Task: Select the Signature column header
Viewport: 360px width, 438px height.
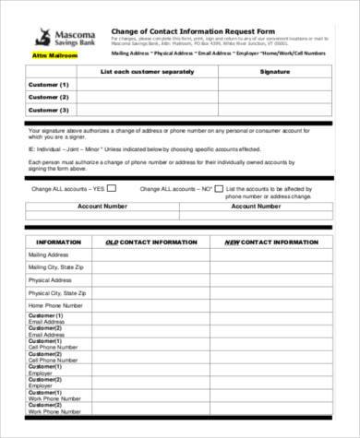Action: click(x=275, y=71)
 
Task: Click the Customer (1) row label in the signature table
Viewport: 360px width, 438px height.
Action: click(x=50, y=84)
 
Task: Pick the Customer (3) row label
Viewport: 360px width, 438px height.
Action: click(x=50, y=110)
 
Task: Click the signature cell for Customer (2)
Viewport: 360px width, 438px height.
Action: click(x=275, y=97)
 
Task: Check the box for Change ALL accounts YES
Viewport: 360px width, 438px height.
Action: click(x=112, y=188)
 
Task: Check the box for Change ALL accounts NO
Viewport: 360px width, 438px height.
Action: click(x=220, y=188)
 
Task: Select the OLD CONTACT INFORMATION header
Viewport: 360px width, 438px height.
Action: click(x=151, y=242)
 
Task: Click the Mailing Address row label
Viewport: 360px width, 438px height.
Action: click(x=47, y=254)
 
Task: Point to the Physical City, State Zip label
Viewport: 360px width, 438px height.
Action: click(x=56, y=292)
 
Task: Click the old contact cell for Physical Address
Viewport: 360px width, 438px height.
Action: click(x=151, y=279)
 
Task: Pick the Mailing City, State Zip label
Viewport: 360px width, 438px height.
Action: click(x=54, y=266)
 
